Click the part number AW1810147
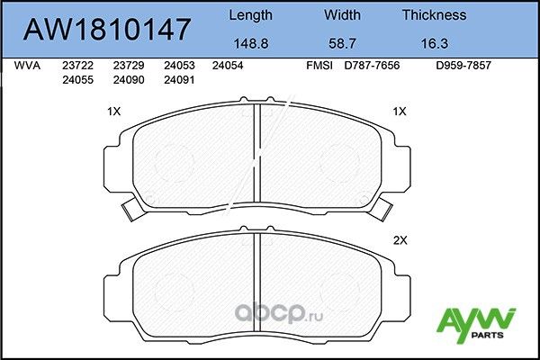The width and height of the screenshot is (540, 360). point(106,29)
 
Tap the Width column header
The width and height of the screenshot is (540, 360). point(341,15)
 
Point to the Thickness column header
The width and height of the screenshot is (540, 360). point(434,15)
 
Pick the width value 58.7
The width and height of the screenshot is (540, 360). point(341,41)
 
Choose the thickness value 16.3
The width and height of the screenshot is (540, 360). point(434,41)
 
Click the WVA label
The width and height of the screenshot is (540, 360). point(29,66)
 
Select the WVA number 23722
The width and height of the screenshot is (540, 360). point(77,66)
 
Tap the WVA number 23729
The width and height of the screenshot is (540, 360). point(127,66)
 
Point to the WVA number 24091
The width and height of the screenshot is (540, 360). point(177,78)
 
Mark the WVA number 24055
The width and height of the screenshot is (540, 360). point(77,78)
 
